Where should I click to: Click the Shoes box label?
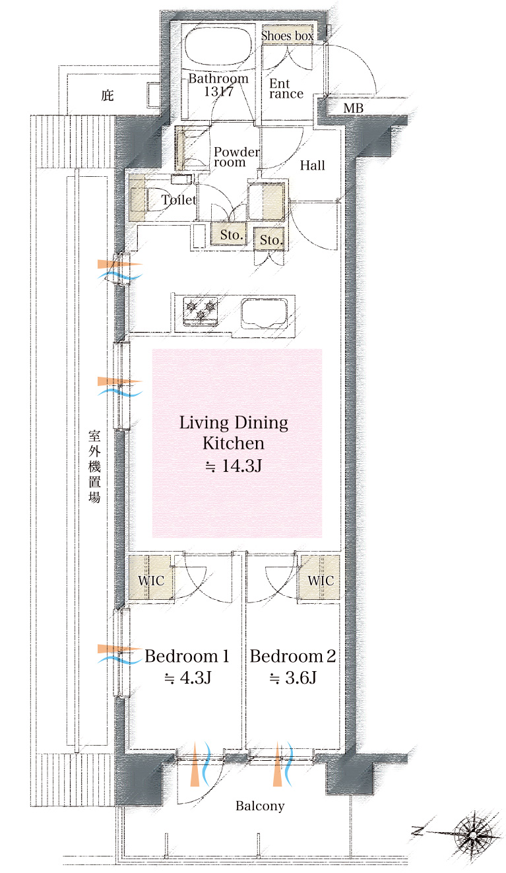tap(287, 36)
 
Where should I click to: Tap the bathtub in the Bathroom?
tap(218, 47)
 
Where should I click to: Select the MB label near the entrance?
tap(354, 108)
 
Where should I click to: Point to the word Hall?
tap(313, 166)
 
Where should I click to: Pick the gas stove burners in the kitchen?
tap(201, 310)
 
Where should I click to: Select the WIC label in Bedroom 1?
tap(152, 581)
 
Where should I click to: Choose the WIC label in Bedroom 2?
tap(321, 581)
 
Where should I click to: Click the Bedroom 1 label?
tap(187, 657)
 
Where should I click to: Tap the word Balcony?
tap(260, 806)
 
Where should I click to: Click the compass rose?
tap(472, 835)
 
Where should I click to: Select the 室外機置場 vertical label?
tap(94, 466)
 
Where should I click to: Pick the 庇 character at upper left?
tap(108, 95)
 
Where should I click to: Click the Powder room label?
tap(236, 157)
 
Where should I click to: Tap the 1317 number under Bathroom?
tap(219, 92)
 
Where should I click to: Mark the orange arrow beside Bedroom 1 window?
tap(119, 649)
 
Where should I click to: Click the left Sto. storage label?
tap(232, 235)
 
